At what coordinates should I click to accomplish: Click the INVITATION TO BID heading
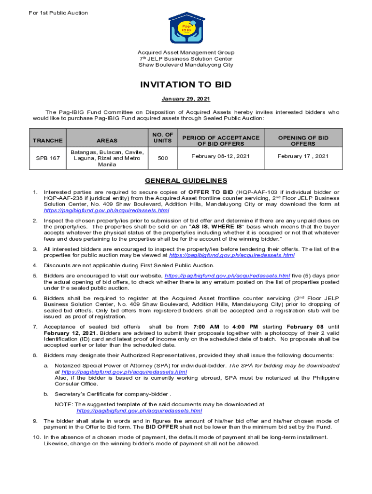point(186,85)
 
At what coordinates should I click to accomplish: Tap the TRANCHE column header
point(47,140)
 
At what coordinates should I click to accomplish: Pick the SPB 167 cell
point(47,158)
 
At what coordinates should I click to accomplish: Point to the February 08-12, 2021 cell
point(220,156)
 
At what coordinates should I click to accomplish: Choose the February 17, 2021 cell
point(303,156)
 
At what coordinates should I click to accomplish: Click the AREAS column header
point(107,140)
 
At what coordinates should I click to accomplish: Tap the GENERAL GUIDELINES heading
point(186,181)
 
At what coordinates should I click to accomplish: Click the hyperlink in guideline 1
point(106,211)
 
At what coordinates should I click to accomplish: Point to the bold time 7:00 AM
point(207,327)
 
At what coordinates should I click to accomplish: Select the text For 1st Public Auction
point(57,13)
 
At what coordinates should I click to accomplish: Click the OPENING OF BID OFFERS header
point(303,140)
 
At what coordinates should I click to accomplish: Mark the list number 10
point(36,437)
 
